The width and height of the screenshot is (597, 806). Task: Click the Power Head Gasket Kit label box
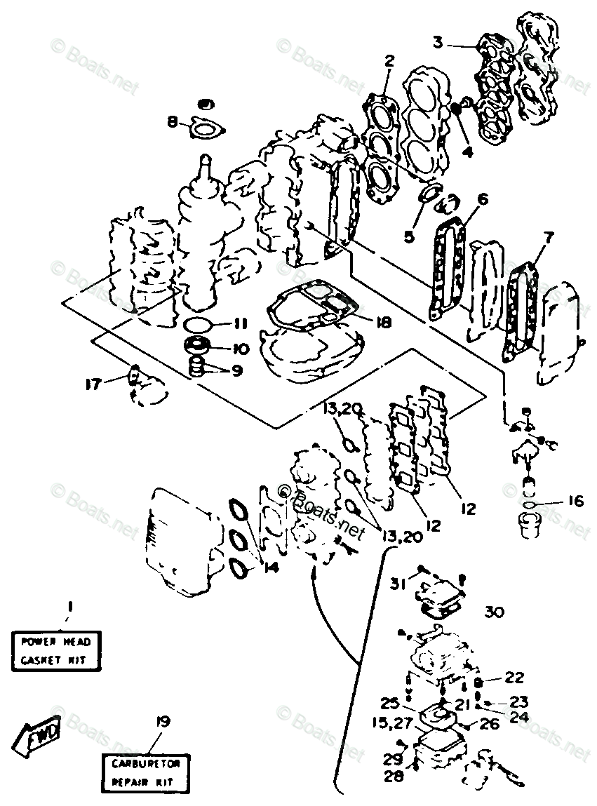pyautogui.click(x=56, y=650)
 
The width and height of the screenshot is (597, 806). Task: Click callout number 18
pyautogui.click(x=383, y=322)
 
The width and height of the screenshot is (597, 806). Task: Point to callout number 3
pyautogui.click(x=437, y=41)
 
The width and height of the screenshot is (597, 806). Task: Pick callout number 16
pyautogui.click(x=575, y=502)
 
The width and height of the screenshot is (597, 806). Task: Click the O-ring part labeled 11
pyautogui.click(x=200, y=325)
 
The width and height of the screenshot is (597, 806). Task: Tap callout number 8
pyautogui.click(x=173, y=122)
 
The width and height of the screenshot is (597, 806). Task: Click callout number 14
pyautogui.click(x=270, y=567)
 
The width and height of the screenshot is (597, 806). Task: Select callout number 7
pyautogui.click(x=548, y=237)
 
